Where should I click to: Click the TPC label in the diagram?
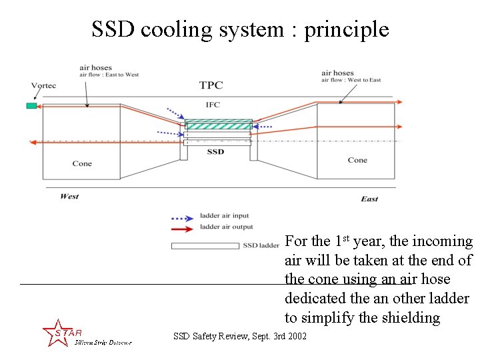tap(211, 85)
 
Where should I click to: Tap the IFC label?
tap(213, 105)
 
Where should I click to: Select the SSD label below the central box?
tap(215, 152)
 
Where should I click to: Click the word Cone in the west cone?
tap(82, 163)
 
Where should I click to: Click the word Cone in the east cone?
tap(357, 160)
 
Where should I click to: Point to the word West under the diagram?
tap(69, 196)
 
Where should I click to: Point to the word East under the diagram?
tap(369, 199)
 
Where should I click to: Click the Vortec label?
tap(43, 85)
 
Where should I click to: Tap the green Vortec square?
tap(31, 106)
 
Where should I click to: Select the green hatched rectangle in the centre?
tap(218, 125)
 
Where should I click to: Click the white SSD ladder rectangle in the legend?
tap(205, 246)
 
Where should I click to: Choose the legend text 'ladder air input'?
tap(224, 216)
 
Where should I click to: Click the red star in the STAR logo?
tap(55, 333)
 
